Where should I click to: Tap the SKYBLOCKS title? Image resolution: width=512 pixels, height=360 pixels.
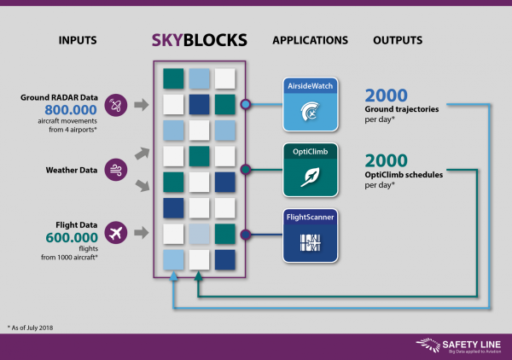[200, 39]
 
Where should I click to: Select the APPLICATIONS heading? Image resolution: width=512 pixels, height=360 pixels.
[310, 40]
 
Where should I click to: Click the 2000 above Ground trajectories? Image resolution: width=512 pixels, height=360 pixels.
[387, 95]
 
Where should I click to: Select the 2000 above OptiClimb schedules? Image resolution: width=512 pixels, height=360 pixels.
[387, 160]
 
